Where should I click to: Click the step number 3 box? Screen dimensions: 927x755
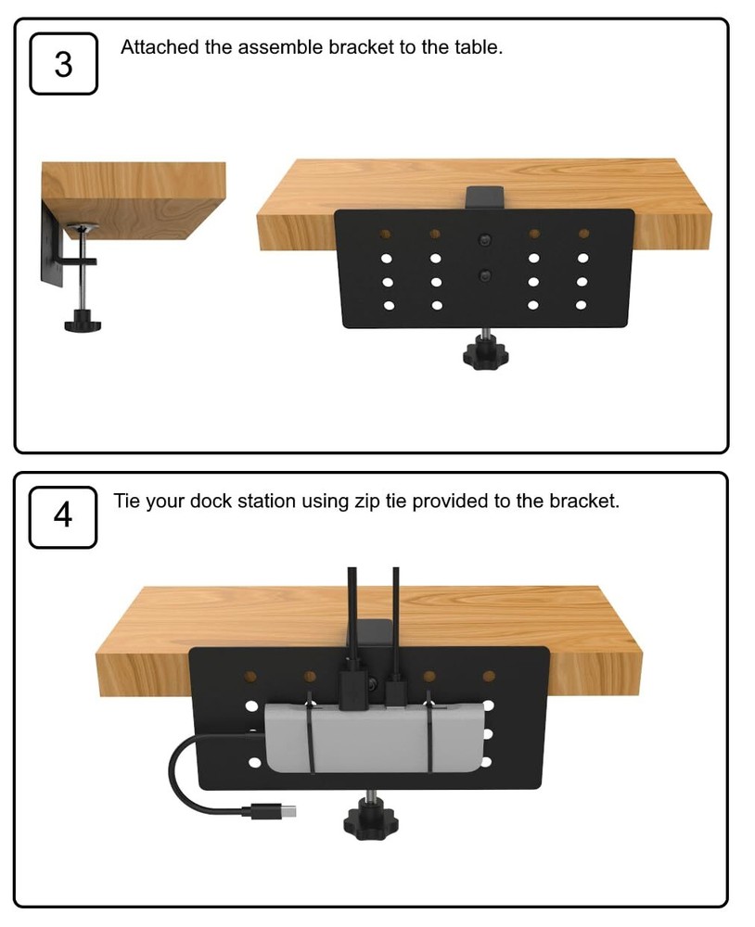pyautogui.click(x=63, y=64)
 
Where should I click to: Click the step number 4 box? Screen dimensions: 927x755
pyautogui.click(x=63, y=516)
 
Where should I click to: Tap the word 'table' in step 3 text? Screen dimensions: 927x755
pyautogui.click(x=476, y=47)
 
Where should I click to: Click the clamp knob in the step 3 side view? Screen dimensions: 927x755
pyautogui.click(x=83, y=324)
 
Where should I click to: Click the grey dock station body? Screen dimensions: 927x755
pyautogui.click(x=371, y=737)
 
